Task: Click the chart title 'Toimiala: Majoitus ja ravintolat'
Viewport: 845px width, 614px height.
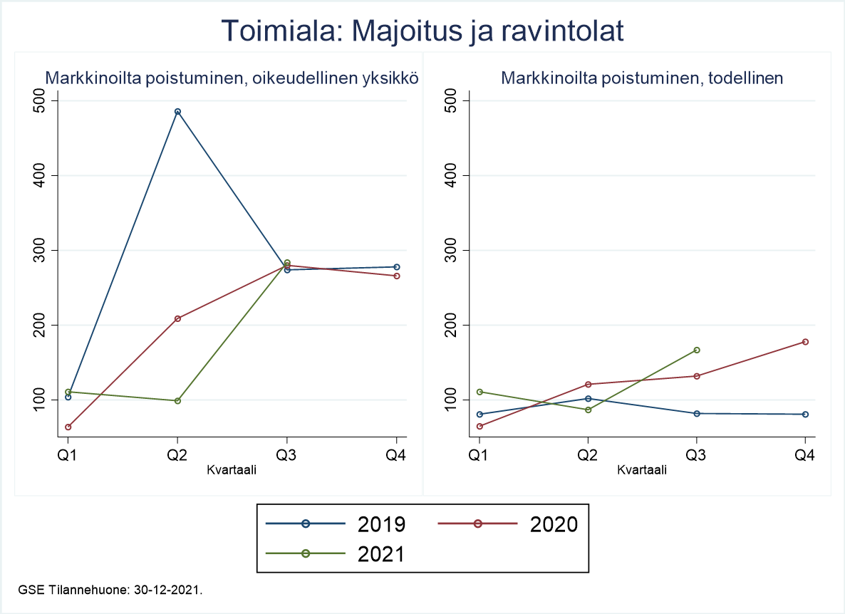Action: (x=422, y=31)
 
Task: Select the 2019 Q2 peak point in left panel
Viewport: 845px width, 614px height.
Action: (x=177, y=112)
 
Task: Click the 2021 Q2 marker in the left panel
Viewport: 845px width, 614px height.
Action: (x=177, y=401)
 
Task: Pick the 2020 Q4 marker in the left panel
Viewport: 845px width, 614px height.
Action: (x=397, y=276)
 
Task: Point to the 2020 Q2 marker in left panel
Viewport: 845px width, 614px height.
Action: (x=177, y=318)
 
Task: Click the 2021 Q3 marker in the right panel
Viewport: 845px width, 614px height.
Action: (x=696, y=350)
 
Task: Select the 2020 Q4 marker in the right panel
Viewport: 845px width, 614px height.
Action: (x=805, y=342)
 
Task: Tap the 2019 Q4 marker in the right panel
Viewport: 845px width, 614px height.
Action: (x=805, y=414)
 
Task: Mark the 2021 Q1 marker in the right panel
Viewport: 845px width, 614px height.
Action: (x=479, y=392)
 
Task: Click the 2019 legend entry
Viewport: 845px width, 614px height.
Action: (x=335, y=524)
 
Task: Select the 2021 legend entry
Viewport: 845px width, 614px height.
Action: (x=335, y=553)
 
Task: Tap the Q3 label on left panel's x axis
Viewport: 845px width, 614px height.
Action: (x=287, y=455)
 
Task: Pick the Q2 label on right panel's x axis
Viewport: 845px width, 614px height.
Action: (x=588, y=455)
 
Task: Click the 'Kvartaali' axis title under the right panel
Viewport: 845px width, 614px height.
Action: (x=642, y=469)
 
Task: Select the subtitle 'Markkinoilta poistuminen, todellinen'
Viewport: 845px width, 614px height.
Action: (x=642, y=78)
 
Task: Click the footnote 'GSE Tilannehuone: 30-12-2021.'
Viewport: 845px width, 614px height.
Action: (x=110, y=590)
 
